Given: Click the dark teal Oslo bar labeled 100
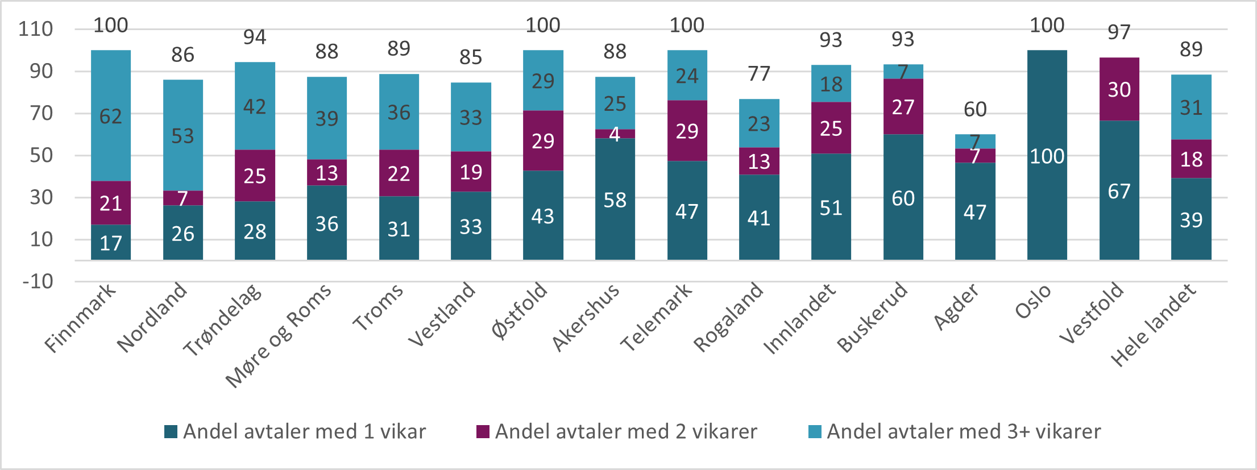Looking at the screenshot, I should point(1047,155).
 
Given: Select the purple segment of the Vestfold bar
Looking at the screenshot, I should point(1119,89).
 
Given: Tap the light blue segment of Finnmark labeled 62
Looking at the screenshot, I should point(111,116).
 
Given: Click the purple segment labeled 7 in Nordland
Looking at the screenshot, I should point(182,198).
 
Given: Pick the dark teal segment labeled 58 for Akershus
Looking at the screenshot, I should point(615,199).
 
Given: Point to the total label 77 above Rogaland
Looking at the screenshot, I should point(759,74).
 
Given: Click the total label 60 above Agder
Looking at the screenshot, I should point(975,109).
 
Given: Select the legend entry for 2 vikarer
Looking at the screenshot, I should point(617,432).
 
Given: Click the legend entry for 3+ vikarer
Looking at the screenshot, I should point(955,432).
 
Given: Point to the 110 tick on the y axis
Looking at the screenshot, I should point(35,29).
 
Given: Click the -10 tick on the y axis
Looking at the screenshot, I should point(38,281).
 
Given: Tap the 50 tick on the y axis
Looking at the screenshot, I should point(41,155).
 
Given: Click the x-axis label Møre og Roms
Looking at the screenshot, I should point(279,335).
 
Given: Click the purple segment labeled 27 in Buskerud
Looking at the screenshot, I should point(903,107).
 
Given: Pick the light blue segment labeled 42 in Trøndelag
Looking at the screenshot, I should point(255,106).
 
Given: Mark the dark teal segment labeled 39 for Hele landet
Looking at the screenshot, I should point(1191,219).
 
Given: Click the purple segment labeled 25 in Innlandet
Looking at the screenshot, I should point(831,128).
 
